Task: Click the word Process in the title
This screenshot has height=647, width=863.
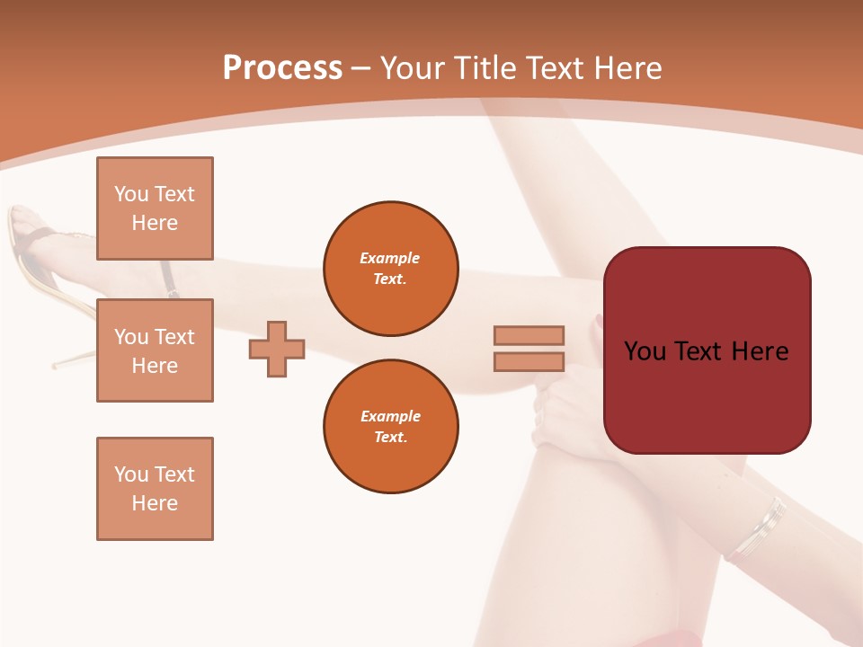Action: pos(282,68)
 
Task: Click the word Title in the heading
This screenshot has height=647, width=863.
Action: pos(485,68)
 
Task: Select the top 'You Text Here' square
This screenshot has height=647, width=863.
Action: pos(155,208)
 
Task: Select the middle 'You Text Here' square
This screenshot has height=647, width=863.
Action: pos(155,350)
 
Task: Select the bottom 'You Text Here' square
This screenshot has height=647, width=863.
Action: pos(155,489)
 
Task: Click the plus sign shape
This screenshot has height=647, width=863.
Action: pos(277,349)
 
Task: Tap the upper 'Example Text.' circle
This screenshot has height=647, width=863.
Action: pos(390,269)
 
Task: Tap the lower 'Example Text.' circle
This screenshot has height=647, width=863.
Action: pos(390,427)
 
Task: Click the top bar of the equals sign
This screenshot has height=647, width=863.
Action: pos(529,335)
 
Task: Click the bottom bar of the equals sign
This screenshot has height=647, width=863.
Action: pos(529,361)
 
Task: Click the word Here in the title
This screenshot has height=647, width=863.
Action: pos(628,68)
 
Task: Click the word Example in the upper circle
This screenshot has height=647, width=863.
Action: pos(390,258)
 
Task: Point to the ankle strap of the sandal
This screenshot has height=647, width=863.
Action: pos(169,279)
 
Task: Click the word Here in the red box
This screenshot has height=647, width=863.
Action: pos(760,350)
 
